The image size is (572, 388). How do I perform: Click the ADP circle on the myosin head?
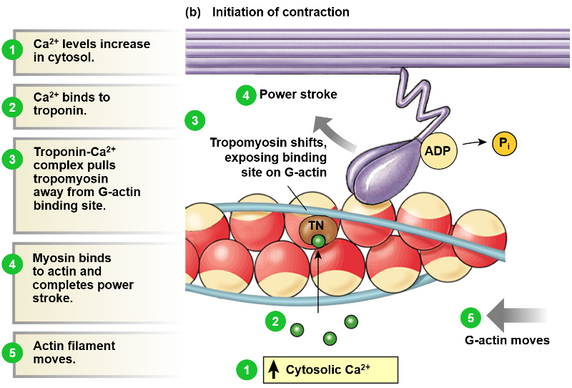[438, 151]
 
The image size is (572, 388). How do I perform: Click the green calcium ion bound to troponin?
[318, 242]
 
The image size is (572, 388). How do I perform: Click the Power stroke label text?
[298, 94]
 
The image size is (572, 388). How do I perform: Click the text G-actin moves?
[507, 340]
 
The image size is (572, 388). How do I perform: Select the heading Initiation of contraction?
[280, 12]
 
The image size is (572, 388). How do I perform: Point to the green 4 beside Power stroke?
[245, 95]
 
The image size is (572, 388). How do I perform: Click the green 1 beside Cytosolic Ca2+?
[246, 370]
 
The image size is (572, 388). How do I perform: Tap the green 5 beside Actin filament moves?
[12, 352]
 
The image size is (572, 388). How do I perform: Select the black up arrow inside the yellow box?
[274, 370]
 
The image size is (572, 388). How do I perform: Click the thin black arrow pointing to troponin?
[318, 283]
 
